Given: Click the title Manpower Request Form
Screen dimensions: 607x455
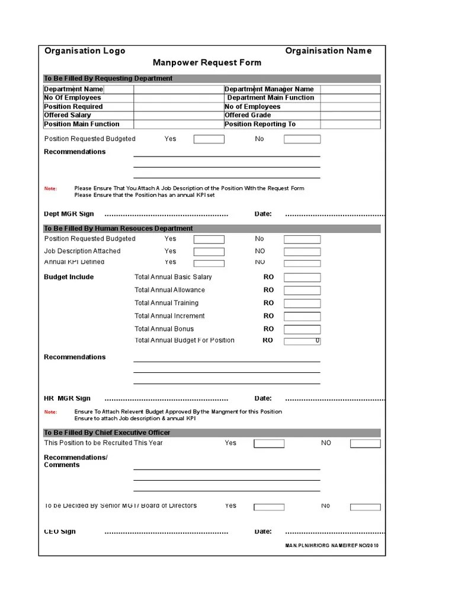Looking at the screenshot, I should click(x=207, y=63).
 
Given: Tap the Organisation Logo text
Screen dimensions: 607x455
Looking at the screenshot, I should click(x=85, y=51).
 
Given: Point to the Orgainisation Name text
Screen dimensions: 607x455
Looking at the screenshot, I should click(x=328, y=51).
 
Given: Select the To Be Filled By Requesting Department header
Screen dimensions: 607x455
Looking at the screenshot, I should click(x=108, y=78).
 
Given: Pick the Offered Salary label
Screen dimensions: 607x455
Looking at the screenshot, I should click(x=68, y=115).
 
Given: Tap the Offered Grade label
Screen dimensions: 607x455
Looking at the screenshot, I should click(x=248, y=115).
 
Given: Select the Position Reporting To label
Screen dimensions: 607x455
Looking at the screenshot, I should click(x=259, y=124).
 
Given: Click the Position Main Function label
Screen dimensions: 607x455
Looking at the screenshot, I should click(x=82, y=124).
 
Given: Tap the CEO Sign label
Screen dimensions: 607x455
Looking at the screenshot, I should click(x=60, y=532).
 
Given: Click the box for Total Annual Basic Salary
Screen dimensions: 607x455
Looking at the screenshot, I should click(x=302, y=277).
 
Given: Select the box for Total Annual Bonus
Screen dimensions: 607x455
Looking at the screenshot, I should click(x=302, y=329).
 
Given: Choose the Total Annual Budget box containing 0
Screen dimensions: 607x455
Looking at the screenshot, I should click(x=302, y=341).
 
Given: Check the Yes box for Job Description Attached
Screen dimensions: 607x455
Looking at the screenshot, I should click(x=209, y=251).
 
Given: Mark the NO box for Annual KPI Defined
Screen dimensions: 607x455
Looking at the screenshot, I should click(x=302, y=263).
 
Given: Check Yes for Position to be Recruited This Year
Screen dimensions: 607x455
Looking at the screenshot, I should click(x=269, y=443).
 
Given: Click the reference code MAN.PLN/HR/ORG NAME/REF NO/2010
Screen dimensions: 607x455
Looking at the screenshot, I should click(x=331, y=545).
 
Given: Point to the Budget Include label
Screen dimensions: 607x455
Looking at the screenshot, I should click(x=69, y=277).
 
